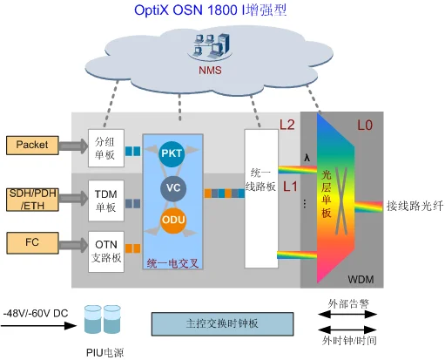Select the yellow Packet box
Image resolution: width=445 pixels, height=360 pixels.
(x=31, y=143)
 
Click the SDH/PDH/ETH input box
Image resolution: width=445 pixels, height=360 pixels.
(x=31, y=199)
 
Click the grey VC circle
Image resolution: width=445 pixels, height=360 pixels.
(x=172, y=187)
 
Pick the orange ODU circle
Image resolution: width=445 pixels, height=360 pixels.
(x=172, y=221)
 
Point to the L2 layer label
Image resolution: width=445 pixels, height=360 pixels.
(x=287, y=126)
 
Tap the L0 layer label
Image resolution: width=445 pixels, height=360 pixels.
(x=365, y=126)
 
